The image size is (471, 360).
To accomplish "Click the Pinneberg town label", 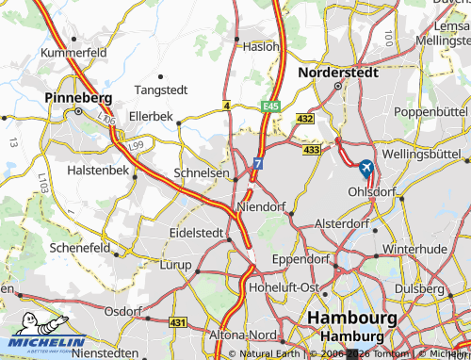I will pos(78,97).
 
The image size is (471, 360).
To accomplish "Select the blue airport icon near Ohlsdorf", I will pos(365,169).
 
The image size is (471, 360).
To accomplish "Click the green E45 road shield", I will pos(271,106).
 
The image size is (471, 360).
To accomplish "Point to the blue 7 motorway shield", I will pos(256,164).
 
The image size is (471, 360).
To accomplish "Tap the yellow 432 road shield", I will pos(304,119).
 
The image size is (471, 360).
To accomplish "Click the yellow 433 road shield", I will pos(313,149).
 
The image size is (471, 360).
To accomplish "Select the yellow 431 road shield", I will pos(178,322).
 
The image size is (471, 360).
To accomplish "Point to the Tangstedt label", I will pos(161,90).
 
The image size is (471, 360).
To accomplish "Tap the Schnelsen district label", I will pos(202,173).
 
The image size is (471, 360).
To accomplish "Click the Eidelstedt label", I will pos(196,231).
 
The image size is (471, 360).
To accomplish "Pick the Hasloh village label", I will pos(261,45).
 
